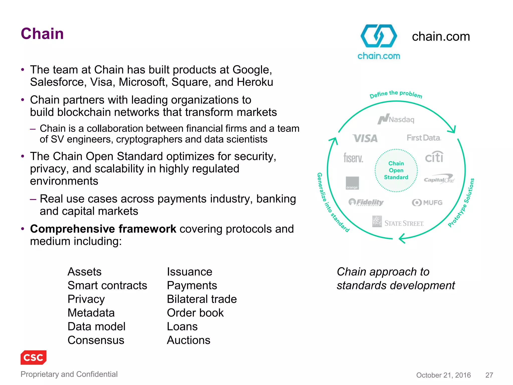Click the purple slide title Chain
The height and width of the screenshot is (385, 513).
(x=42, y=34)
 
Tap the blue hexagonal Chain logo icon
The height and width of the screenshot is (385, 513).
(x=378, y=36)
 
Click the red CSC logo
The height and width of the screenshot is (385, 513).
(x=34, y=357)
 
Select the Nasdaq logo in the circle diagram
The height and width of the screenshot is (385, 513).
(x=396, y=119)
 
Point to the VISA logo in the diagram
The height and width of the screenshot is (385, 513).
(x=365, y=138)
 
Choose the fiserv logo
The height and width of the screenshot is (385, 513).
(x=353, y=158)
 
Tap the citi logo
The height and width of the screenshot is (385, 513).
(x=434, y=157)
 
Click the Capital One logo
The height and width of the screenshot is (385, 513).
(x=439, y=179)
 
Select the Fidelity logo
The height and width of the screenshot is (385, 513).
(x=366, y=202)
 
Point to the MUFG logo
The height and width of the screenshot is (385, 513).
(x=427, y=202)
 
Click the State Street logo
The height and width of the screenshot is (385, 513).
(x=398, y=222)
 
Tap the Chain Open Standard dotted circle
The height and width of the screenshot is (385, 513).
(x=396, y=170)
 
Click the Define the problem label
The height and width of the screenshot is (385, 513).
(x=396, y=94)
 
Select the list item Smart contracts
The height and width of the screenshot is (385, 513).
(x=107, y=285)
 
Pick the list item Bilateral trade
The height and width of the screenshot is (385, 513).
(x=202, y=299)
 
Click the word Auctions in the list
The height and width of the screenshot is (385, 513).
(x=189, y=340)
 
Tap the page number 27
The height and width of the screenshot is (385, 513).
(x=489, y=375)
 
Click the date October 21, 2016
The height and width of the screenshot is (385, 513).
(x=443, y=375)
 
